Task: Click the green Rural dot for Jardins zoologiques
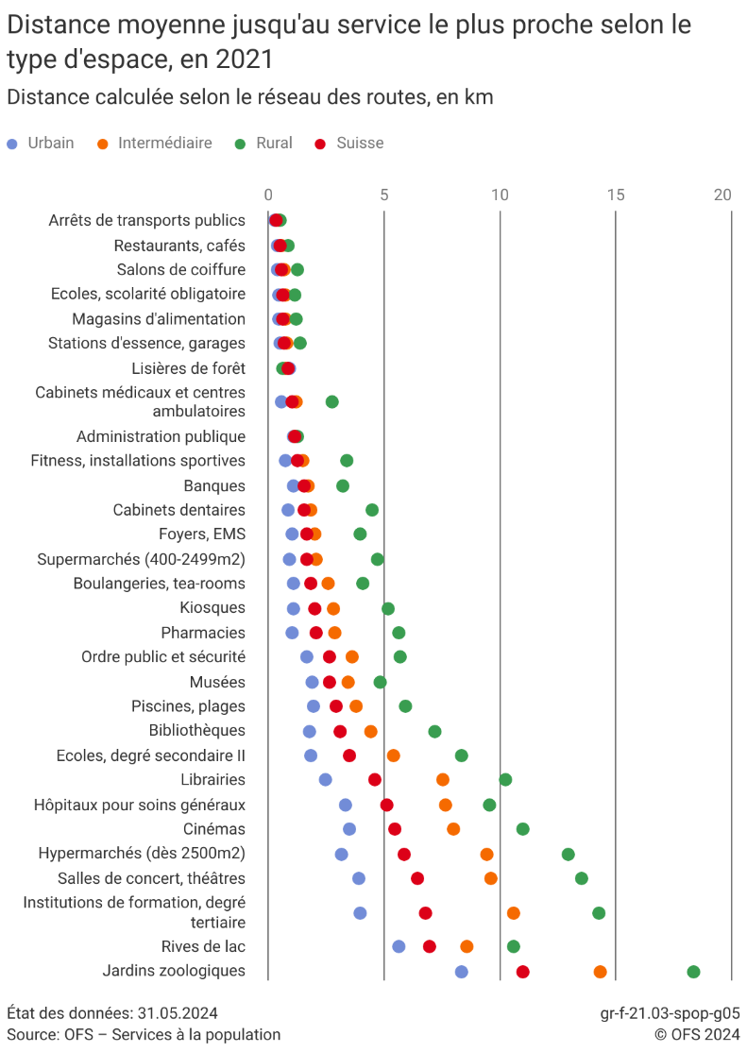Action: [x=693, y=972]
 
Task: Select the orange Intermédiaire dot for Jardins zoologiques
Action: [x=600, y=972]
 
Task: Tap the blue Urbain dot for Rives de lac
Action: [x=399, y=946]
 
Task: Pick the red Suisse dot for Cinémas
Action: [x=395, y=829]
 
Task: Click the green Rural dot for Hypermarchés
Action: [x=568, y=855]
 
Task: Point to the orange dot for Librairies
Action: [x=443, y=780]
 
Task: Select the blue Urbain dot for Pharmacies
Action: [x=292, y=633]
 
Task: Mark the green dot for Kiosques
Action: [x=388, y=609]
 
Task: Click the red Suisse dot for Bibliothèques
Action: [x=340, y=731]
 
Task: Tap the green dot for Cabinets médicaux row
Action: [x=331, y=402]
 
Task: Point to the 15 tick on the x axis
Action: [x=615, y=195]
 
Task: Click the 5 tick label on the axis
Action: [x=384, y=195]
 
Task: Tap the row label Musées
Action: [x=217, y=682]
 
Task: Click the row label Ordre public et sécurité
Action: [x=163, y=656]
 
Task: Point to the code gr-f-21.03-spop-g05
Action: [x=670, y=1013]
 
